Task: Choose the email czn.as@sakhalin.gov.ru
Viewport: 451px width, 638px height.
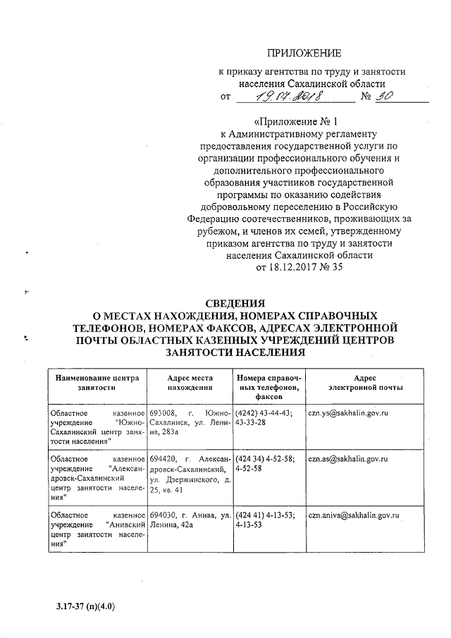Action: (350, 459)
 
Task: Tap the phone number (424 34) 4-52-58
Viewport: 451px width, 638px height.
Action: (269, 459)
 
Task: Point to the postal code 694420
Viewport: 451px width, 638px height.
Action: (163, 459)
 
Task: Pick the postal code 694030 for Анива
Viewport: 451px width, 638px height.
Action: (163, 516)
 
